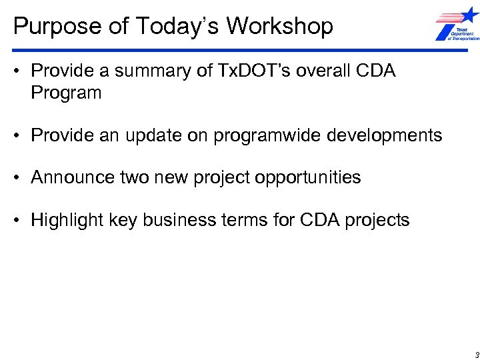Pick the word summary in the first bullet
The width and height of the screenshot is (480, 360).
(163, 71)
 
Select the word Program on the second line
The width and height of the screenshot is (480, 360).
(66, 93)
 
